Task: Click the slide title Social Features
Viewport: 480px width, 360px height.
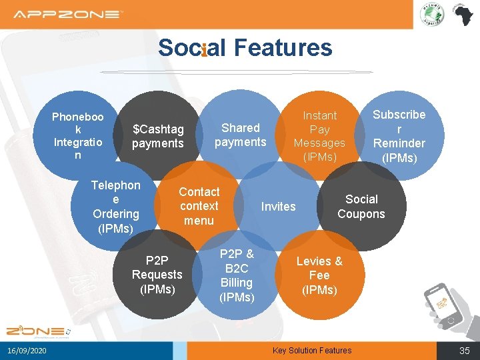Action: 245,48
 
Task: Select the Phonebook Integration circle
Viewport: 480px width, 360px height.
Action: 78,135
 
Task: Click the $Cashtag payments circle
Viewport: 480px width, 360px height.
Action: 158,135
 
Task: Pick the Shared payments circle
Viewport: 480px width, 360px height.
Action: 240,135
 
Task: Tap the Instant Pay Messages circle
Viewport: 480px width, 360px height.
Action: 319,135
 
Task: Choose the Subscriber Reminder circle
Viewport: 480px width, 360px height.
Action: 399,135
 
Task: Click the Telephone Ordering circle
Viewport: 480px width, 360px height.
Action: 115,207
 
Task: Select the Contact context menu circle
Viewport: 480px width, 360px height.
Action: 199,206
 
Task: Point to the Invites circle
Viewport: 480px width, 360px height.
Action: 278,207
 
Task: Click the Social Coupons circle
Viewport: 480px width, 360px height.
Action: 361,207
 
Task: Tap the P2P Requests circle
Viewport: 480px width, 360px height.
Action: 157,275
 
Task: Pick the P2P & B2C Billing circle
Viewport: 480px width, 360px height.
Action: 237,275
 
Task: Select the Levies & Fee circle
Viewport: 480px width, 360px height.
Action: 319,275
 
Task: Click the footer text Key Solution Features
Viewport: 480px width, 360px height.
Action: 312,351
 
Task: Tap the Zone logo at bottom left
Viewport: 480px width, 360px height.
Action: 35,331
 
